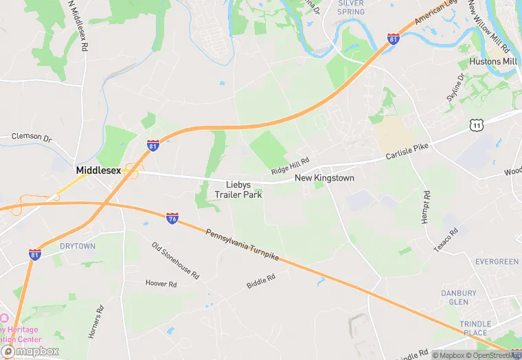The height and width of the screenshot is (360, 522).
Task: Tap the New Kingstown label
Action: pyautogui.click(x=324, y=178)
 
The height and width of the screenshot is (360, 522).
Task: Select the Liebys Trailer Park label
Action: pyautogui.click(x=238, y=190)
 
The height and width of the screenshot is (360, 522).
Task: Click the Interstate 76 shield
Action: pyautogui.click(x=172, y=218)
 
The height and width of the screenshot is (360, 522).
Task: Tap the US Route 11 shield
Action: pyautogui.click(x=475, y=124)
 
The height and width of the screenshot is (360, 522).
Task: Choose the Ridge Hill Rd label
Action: pyautogui.click(x=290, y=165)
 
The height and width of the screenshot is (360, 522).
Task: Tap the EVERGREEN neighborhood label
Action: pyautogui.click(x=497, y=262)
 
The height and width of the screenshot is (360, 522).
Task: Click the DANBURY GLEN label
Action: pyautogui.click(x=459, y=297)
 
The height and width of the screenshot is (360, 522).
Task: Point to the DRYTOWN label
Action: pyautogui.click(x=78, y=246)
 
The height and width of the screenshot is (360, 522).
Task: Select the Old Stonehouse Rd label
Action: pyautogui.click(x=175, y=261)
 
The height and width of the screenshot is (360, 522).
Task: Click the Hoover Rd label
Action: pyautogui.click(x=162, y=282)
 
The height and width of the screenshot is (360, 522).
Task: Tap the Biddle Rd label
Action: pyautogui.click(x=261, y=281)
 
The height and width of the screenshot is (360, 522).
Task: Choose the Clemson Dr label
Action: pyautogui.click(x=32, y=137)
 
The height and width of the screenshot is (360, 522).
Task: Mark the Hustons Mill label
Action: pyautogui.click(x=493, y=61)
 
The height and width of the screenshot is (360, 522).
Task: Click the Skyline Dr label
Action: pyautogui.click(x=455, y=88)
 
